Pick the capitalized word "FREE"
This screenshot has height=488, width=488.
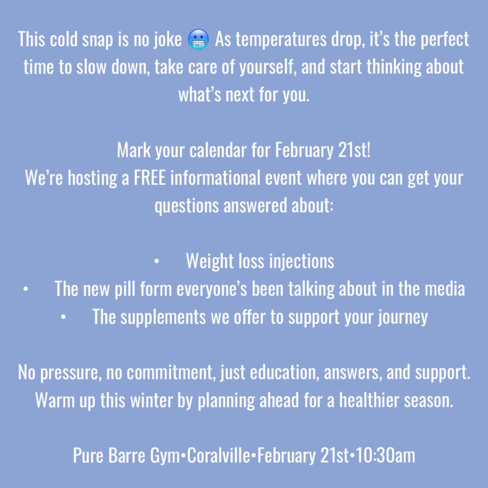pyautogui.click(x=150, y=179)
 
